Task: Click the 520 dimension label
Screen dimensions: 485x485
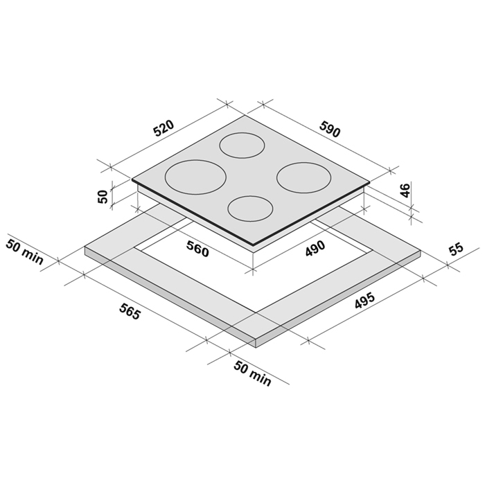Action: [x=164, y=128]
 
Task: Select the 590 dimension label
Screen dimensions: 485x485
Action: [x=330, y=129]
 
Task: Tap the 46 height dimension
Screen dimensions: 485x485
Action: [x=405, y=190]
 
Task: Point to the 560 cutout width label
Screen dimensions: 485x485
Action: [x=197, y=249]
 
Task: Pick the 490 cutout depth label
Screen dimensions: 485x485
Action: [x=315, y=248]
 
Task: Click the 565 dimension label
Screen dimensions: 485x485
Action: [x=130, y=312]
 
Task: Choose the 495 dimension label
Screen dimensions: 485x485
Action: [x=364, y=300]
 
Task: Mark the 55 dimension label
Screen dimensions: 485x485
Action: [x=456, y=249]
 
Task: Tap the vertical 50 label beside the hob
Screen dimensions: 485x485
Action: [x=103, y=196]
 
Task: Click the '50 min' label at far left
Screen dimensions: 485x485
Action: [x=24, y=252]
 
